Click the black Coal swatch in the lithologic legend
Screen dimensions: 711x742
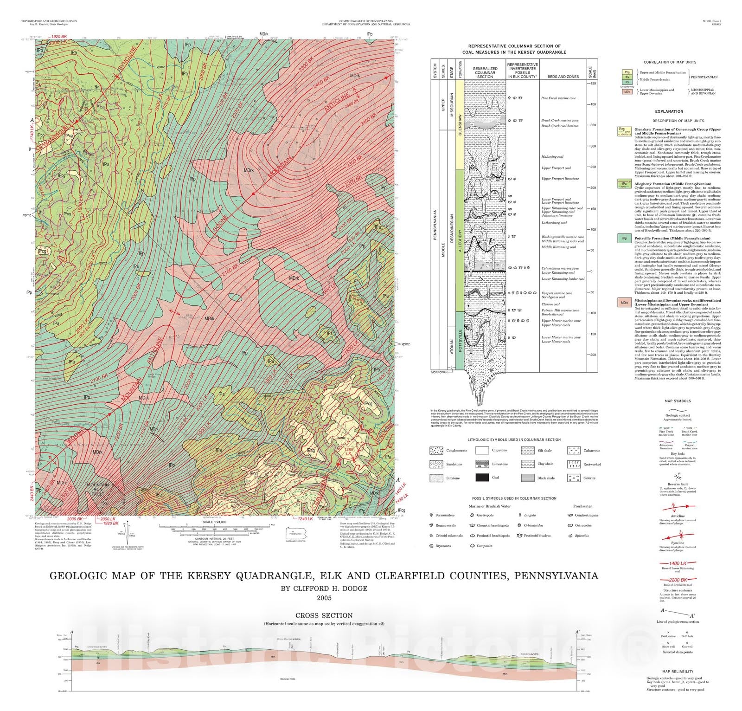(483, 478)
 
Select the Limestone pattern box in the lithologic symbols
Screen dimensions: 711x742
(483, 464)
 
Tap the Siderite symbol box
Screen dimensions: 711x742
(574, 478)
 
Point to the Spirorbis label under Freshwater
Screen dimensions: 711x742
(582, 536)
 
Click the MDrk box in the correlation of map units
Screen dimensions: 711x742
(627, 92)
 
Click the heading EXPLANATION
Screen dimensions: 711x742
(669, 111)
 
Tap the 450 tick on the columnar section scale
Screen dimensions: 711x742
(593, 84)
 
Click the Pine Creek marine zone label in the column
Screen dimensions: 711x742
(558, 98)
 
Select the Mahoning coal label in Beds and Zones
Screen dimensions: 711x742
(552, 157)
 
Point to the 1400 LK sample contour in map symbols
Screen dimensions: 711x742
(678, 563)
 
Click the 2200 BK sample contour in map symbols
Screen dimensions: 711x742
(678, 580)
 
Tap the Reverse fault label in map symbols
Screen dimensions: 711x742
(678, 484)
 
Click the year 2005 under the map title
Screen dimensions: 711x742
(324, 598)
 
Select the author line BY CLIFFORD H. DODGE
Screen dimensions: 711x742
(324, 588)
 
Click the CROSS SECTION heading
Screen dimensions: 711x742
(324, 615)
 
